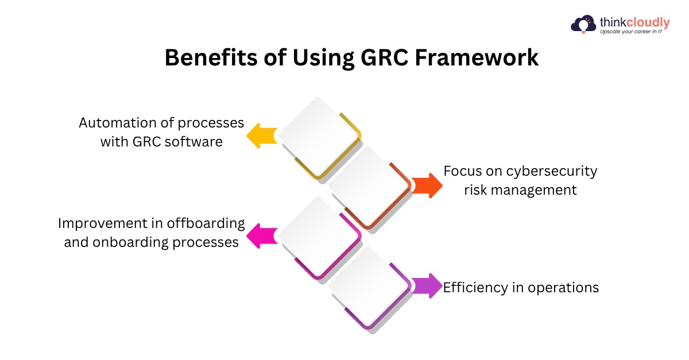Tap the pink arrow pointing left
click(261, 235)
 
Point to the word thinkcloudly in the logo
click(634, 22)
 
